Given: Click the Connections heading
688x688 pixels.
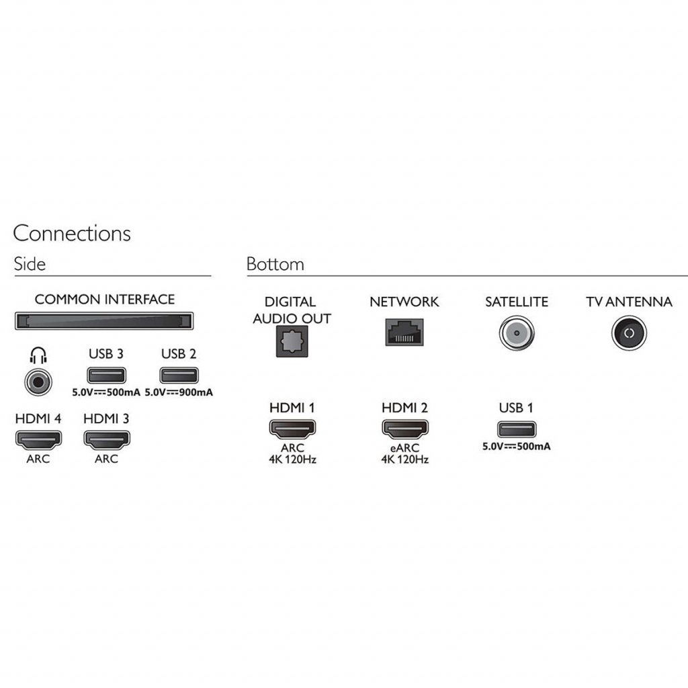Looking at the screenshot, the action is [72, 233].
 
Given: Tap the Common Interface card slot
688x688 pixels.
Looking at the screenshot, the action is [104, 320].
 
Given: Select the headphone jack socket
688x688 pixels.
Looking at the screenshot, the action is [38, 382].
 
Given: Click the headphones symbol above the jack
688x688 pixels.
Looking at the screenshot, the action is [38, 355].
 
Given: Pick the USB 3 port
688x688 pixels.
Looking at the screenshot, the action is [107, 376].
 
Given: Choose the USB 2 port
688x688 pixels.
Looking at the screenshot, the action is [179, 376].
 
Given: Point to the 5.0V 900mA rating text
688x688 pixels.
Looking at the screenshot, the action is [179, 392].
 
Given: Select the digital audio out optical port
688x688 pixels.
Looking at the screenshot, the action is [292, 341].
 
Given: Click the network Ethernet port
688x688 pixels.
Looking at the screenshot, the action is [404, 332].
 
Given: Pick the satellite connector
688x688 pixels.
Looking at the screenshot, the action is [517, 333].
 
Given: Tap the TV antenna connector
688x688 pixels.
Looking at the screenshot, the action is [629, 333].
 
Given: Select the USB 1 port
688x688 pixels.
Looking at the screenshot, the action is [517, 429].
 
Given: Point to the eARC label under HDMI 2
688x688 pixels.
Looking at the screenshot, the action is [405, 448].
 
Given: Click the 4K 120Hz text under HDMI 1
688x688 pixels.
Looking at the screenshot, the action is [293, 460].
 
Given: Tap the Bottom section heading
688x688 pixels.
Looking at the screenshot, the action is [275, 264].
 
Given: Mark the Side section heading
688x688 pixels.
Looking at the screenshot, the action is [30, 264].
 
